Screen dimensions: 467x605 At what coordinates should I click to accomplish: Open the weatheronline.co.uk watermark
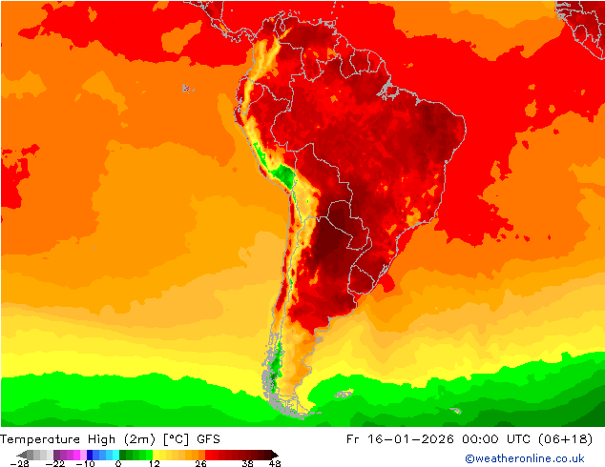[x=525, y=458]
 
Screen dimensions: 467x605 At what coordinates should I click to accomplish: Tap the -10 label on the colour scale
[x=85, y=463]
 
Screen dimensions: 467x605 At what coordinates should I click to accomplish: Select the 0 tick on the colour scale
[x=118, y=463]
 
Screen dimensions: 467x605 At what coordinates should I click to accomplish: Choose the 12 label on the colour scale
[x=154, y=463]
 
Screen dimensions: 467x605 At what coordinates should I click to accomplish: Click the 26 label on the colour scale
[x=200, y=463]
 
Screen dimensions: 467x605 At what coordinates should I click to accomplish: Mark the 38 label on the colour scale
[x=247, y=463]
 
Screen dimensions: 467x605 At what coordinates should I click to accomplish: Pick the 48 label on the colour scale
[x=275, y=463]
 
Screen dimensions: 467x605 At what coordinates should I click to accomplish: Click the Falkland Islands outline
[x=343, y=393]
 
